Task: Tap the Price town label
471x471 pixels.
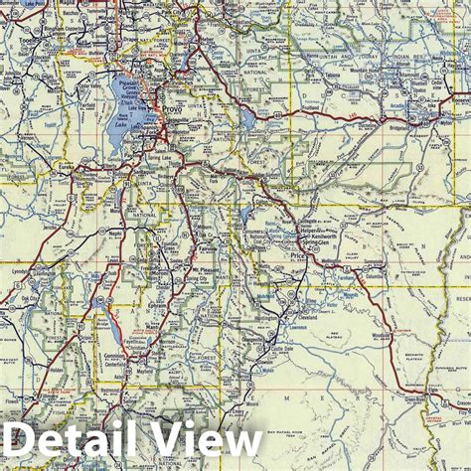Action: click(295, 255)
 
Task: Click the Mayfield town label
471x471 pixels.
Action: click(147, 374)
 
